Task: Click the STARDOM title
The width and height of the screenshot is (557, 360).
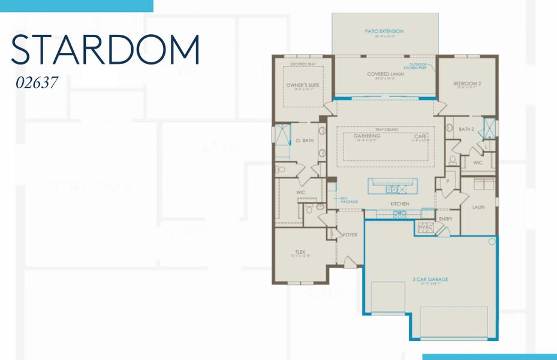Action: pos(106,50)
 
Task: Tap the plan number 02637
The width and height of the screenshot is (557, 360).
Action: pos(37,83)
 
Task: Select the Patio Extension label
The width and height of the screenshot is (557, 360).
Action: pos(384,31)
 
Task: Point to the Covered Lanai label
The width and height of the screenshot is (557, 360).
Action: pos(384,74)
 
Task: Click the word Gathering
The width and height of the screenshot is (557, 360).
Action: pos(368,136)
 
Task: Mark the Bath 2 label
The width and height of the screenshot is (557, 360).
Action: pos(466,129)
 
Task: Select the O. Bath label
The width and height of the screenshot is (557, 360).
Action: pos(305,140)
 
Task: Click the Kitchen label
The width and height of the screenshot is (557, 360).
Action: pos(400,204)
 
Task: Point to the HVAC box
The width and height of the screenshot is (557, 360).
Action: pos(424,227)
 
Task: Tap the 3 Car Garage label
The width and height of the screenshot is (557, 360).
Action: pos(430,279)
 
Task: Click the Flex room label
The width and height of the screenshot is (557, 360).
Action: pos(300,251)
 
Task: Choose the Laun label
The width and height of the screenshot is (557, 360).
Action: pos(478,208)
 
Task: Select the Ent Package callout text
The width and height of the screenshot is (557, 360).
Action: pos(349,200)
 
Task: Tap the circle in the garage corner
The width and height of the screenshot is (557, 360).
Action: pos(492,242)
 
